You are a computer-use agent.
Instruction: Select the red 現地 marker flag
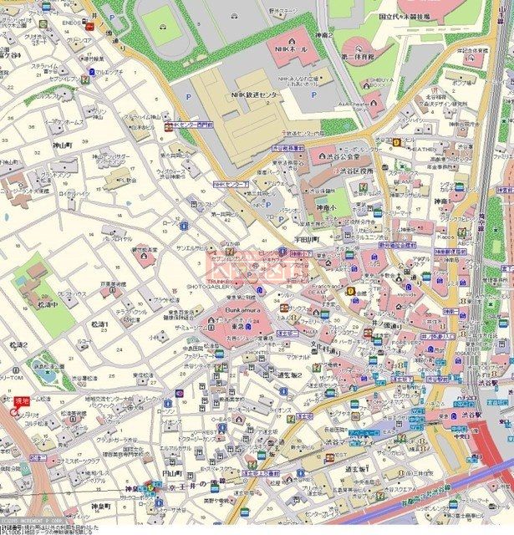[x=21, y=402]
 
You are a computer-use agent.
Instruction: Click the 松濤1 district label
[x=100, y=324]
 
